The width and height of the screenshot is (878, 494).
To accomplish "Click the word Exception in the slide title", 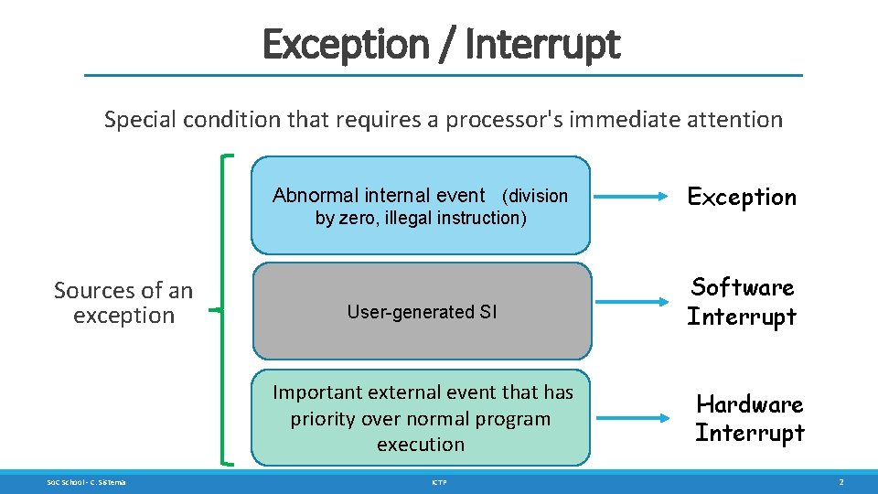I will click(345, 43).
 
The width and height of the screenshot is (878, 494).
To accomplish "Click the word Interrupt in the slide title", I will click(542, 43).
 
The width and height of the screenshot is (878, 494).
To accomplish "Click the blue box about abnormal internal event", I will click(421, 205).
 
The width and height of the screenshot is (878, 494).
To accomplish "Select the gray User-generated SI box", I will click(421, 311).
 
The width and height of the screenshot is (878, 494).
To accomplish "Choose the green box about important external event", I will click(421, 418).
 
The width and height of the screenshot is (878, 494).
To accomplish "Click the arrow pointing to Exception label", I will click(636, 196).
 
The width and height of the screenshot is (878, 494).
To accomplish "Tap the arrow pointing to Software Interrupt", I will click(636, 300).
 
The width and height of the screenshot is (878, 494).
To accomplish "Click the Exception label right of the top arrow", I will click(742, 197).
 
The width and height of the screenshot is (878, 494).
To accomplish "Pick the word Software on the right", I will click(742, 287).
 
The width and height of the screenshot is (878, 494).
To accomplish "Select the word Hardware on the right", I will click(749, 404).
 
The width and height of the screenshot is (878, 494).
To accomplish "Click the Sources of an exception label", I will click(123, 303).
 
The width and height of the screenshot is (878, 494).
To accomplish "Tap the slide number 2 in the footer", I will click(841, 481).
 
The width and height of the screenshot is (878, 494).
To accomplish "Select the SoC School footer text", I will click(87, 481).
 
